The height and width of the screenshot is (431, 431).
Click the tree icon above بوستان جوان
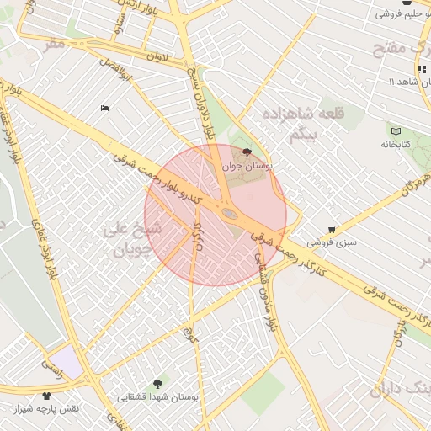pos(246,152)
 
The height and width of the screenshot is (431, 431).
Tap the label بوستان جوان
pos(246,166)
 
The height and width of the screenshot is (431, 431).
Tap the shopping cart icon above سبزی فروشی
pos(333,229)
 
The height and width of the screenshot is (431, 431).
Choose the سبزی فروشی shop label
pos(332,242)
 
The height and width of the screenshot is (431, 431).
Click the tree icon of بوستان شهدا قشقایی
pos(158,384)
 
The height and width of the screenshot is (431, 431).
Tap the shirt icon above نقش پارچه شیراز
pos(45,395)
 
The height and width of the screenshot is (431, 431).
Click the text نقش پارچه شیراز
pos(46,408)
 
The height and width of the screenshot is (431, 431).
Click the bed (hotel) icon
pos(104,108)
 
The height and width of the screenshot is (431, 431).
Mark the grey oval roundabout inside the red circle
pos(229,216)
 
